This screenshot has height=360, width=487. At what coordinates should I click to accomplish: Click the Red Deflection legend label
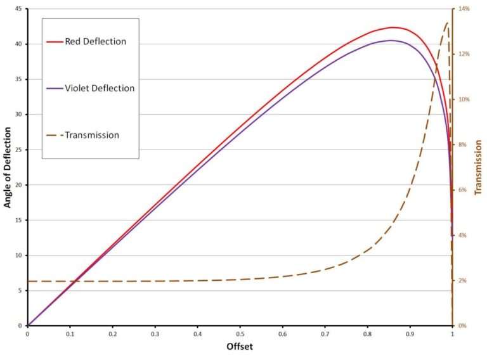pyautogui.click(x=96, y=42)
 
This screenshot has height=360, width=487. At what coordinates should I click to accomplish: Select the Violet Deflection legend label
pyautogui.click(x=100, y=88)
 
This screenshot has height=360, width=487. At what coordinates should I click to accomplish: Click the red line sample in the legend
pyautogui.click(x=55, y=42)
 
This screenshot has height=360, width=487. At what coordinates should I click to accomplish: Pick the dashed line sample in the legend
pyautogui.click(x=55, y=135)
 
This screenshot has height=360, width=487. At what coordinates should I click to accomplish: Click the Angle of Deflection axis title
pyautogui.click(x=8, y=167)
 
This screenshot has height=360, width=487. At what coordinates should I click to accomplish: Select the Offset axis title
pyautogui.click(x=240, y=347)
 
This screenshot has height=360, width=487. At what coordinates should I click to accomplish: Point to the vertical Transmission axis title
pyautogui.click(x=479, y=167)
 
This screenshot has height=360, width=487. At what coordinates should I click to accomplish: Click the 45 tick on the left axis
pyautogui.click(x=18, y=9)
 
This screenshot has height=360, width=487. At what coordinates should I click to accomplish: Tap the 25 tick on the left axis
pyautogui.click(x=18, y=150)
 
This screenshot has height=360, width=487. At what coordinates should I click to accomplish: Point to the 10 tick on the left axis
pyautogui.click(x=18, y=255)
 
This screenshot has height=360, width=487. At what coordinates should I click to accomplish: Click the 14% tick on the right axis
pyautogui.click(x=464, y=9)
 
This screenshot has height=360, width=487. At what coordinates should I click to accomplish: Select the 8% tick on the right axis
pyautogui.click(x=463, y=145)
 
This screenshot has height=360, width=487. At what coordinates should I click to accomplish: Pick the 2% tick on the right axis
pyautogui.click(x=463, y=281)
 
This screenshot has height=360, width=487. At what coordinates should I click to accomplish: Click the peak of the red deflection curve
pyautogui.click(x=393, y=27)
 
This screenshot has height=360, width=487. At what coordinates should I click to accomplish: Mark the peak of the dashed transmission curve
pyautogui.click(x=447, y=22)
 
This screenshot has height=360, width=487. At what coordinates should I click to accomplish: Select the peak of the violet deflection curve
pyautogui.click(x=391, y=41)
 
